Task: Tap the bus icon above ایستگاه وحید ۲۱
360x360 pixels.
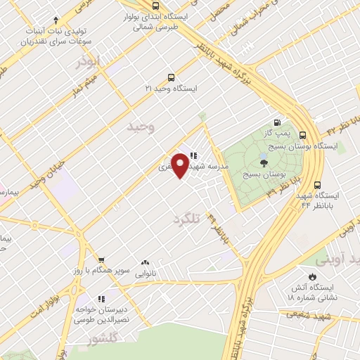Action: click(172, 78)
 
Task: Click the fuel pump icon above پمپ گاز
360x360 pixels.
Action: click(285, 121)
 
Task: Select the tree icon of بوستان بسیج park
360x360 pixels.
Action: click(263, 163)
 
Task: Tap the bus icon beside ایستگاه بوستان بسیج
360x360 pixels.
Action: click(303, 135)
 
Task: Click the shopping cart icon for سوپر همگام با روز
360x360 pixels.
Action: click(101, 259)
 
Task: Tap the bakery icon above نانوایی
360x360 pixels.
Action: click(146, 260)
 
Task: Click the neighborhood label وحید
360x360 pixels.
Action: click(140, 127)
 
